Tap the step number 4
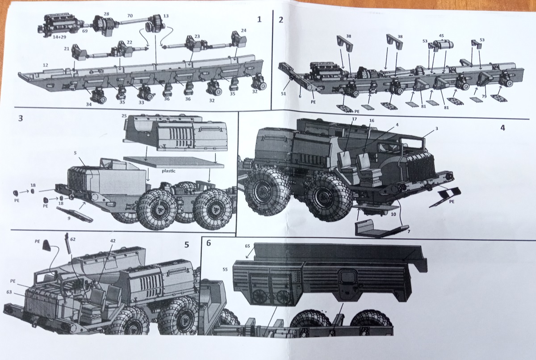click(x=502, y=127)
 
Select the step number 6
click(x=209, y=243)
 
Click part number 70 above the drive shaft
click(x=130, y=15)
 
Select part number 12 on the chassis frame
click(x=46, y=65)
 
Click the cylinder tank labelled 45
click(x=443, y=45)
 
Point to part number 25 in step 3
click(x=125, y=116)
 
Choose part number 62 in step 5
click(x=73, y=239)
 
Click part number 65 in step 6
click(x=247, y=246)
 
